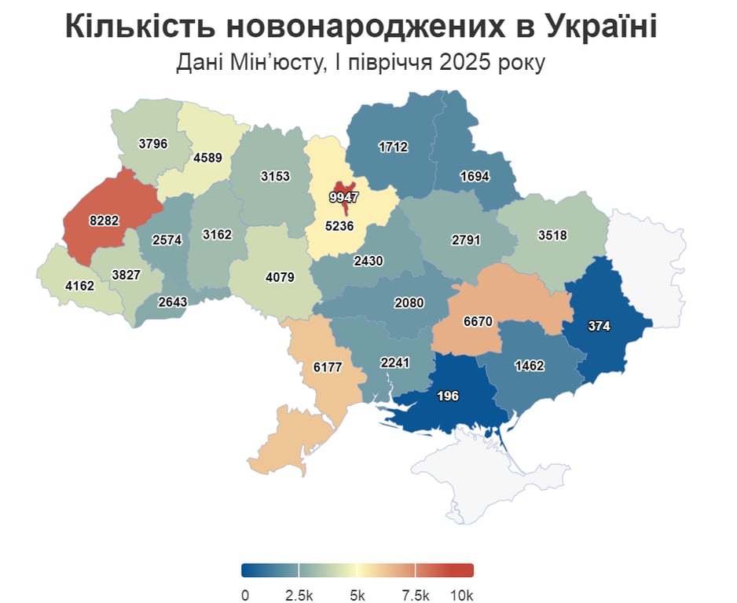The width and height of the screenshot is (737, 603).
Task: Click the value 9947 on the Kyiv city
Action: (343, 198)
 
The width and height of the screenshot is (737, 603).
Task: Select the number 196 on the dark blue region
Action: (448, 396)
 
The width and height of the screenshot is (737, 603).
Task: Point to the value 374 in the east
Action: (599, 326)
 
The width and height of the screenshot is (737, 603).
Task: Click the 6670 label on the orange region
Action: (478, 322)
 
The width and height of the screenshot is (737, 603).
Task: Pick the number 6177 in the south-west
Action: (328, 367)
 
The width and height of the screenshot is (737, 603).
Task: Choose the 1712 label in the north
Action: (392, 147)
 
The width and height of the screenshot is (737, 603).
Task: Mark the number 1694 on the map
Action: (474, 177)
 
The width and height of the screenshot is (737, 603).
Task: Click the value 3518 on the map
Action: (552, 234)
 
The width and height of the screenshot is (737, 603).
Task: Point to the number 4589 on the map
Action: (207, 157)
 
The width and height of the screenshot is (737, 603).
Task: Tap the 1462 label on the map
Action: (530, 366)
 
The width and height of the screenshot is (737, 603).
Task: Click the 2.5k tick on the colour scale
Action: (299, 594)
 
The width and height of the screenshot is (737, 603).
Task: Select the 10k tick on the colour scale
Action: (462, 594)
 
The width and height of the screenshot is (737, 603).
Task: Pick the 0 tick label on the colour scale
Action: (245, 594)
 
